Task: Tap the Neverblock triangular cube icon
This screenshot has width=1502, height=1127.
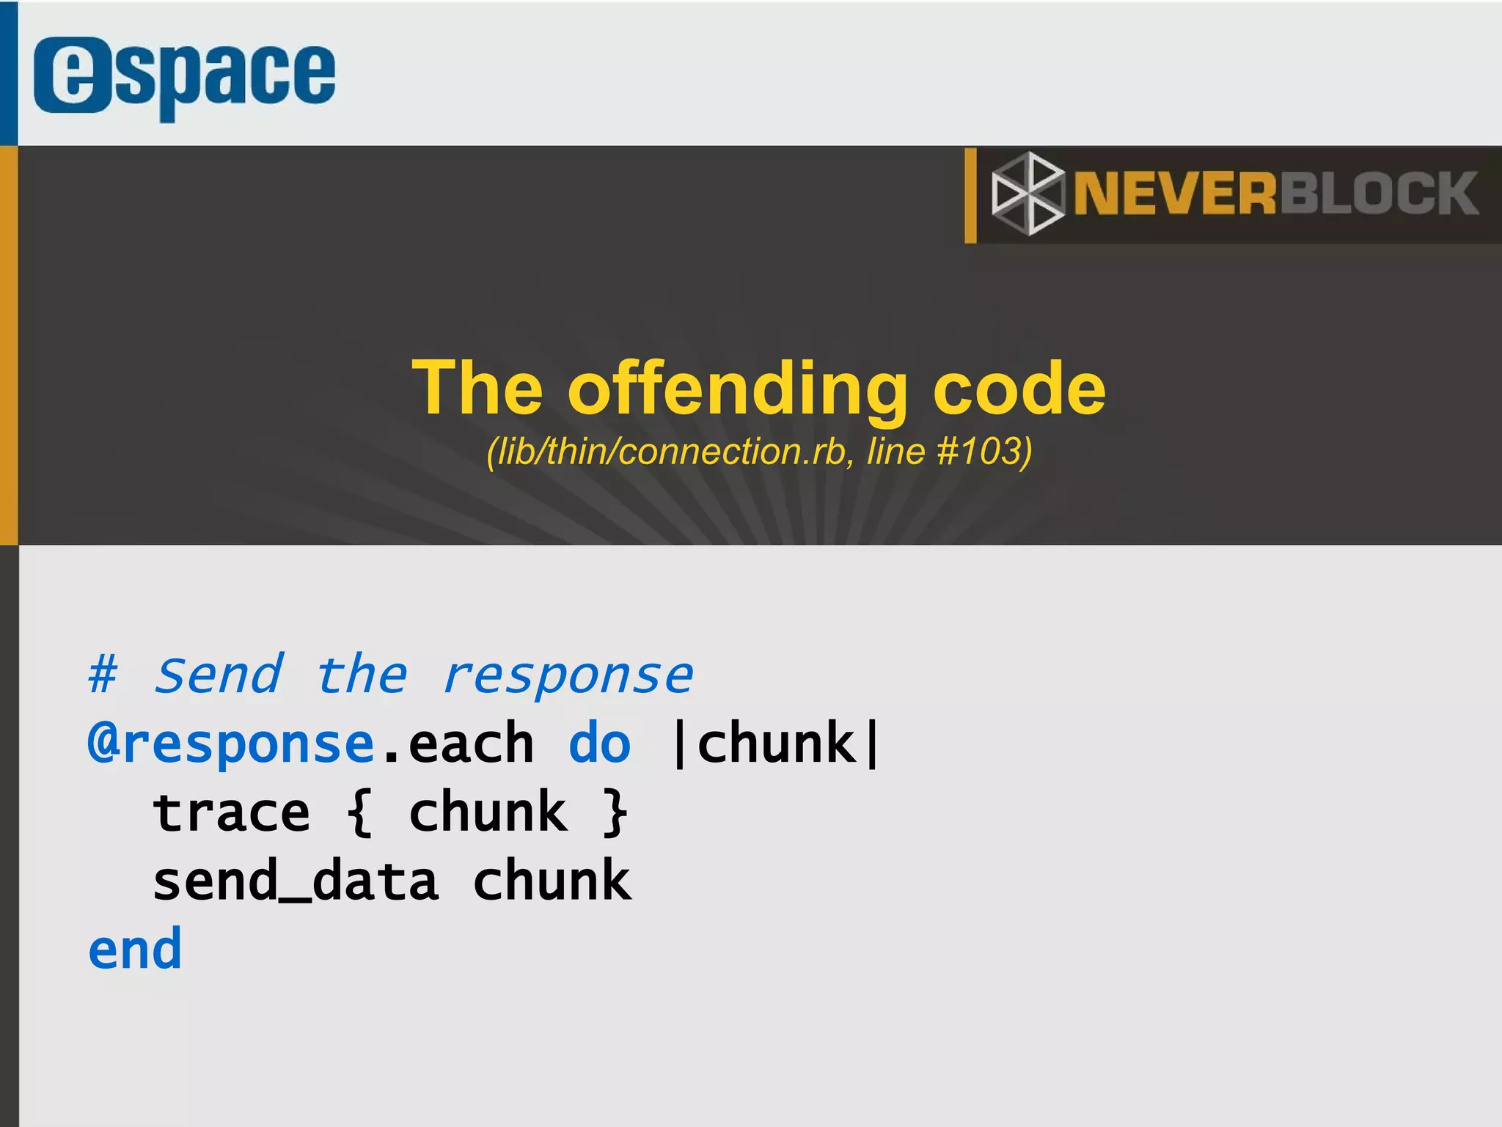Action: pos(1027,194)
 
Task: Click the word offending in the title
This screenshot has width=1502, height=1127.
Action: pos(738,389)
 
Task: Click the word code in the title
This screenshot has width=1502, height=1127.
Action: pos(1019,389)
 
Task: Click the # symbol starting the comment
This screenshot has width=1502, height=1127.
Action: pos(103,674)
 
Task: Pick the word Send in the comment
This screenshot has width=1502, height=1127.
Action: pos(219,674)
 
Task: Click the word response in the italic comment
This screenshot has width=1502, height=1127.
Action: pos(568,675)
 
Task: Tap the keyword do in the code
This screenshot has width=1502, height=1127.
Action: pos(599,744)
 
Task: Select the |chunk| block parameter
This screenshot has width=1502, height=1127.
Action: pos(776,744)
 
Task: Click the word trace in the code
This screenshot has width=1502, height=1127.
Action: pos(231,812)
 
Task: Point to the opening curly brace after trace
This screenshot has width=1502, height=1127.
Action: pos(360,812)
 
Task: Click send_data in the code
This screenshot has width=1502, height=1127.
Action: pos(296,881)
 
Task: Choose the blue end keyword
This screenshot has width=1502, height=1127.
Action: pos(135,949)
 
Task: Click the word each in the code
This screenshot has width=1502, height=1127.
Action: pos(470,744)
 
